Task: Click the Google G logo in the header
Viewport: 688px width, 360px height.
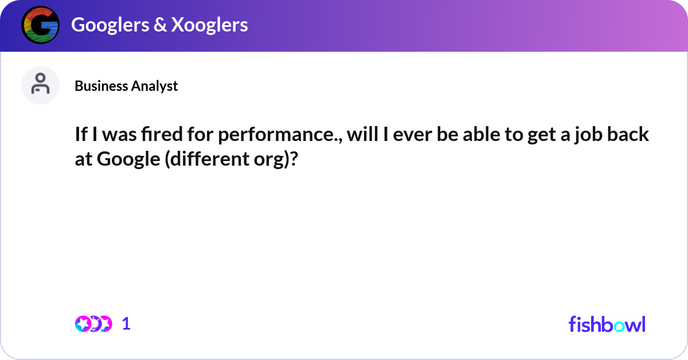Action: pyautogui.click(x=40, y=25)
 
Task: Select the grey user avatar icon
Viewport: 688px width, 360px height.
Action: pyautogui.click(x=40, y=85)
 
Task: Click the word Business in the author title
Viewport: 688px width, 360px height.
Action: pyautogui.click(x=101, y=86)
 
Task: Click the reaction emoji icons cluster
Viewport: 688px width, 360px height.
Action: pyautogui.click(x=93, y=324)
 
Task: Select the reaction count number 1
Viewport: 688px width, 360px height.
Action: pyautogui.click(x=127, y=324)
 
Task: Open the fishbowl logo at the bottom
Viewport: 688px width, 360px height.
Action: pyautogui.click(x=607, y=324)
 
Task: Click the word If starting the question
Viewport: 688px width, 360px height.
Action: pyautogui.click(x=81, y=135)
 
